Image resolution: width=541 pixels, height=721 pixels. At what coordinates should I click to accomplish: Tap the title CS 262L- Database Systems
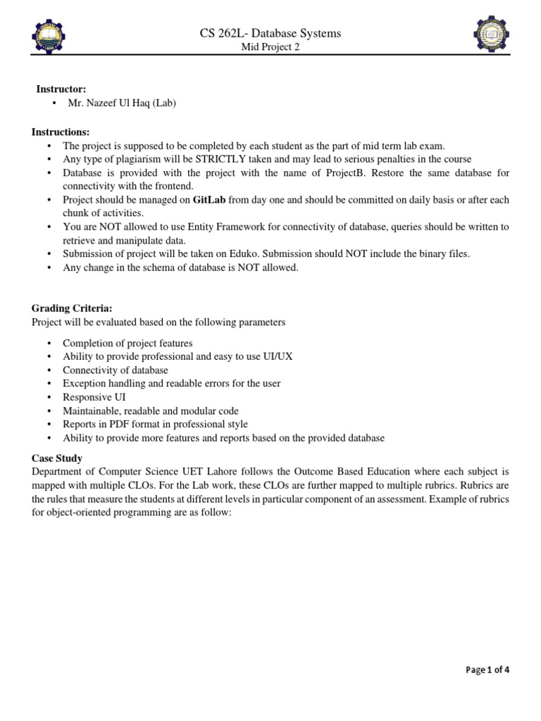point(271,33)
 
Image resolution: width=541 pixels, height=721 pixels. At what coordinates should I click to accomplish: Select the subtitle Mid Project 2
point(271,47)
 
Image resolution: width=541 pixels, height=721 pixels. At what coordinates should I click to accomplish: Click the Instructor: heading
point(61,89)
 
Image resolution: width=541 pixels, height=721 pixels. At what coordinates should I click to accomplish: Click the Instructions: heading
point(61,132)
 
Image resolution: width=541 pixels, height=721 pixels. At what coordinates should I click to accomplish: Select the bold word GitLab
point(207,200)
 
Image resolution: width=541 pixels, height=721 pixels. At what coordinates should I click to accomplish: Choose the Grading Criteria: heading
point(72,308)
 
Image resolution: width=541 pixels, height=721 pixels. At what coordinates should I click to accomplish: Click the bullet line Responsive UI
point(94,397)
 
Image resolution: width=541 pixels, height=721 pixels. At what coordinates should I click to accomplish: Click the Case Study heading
point(57,458)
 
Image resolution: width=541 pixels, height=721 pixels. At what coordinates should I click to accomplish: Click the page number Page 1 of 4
point(487,670)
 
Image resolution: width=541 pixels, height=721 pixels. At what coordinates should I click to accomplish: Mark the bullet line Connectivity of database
point(116,370)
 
